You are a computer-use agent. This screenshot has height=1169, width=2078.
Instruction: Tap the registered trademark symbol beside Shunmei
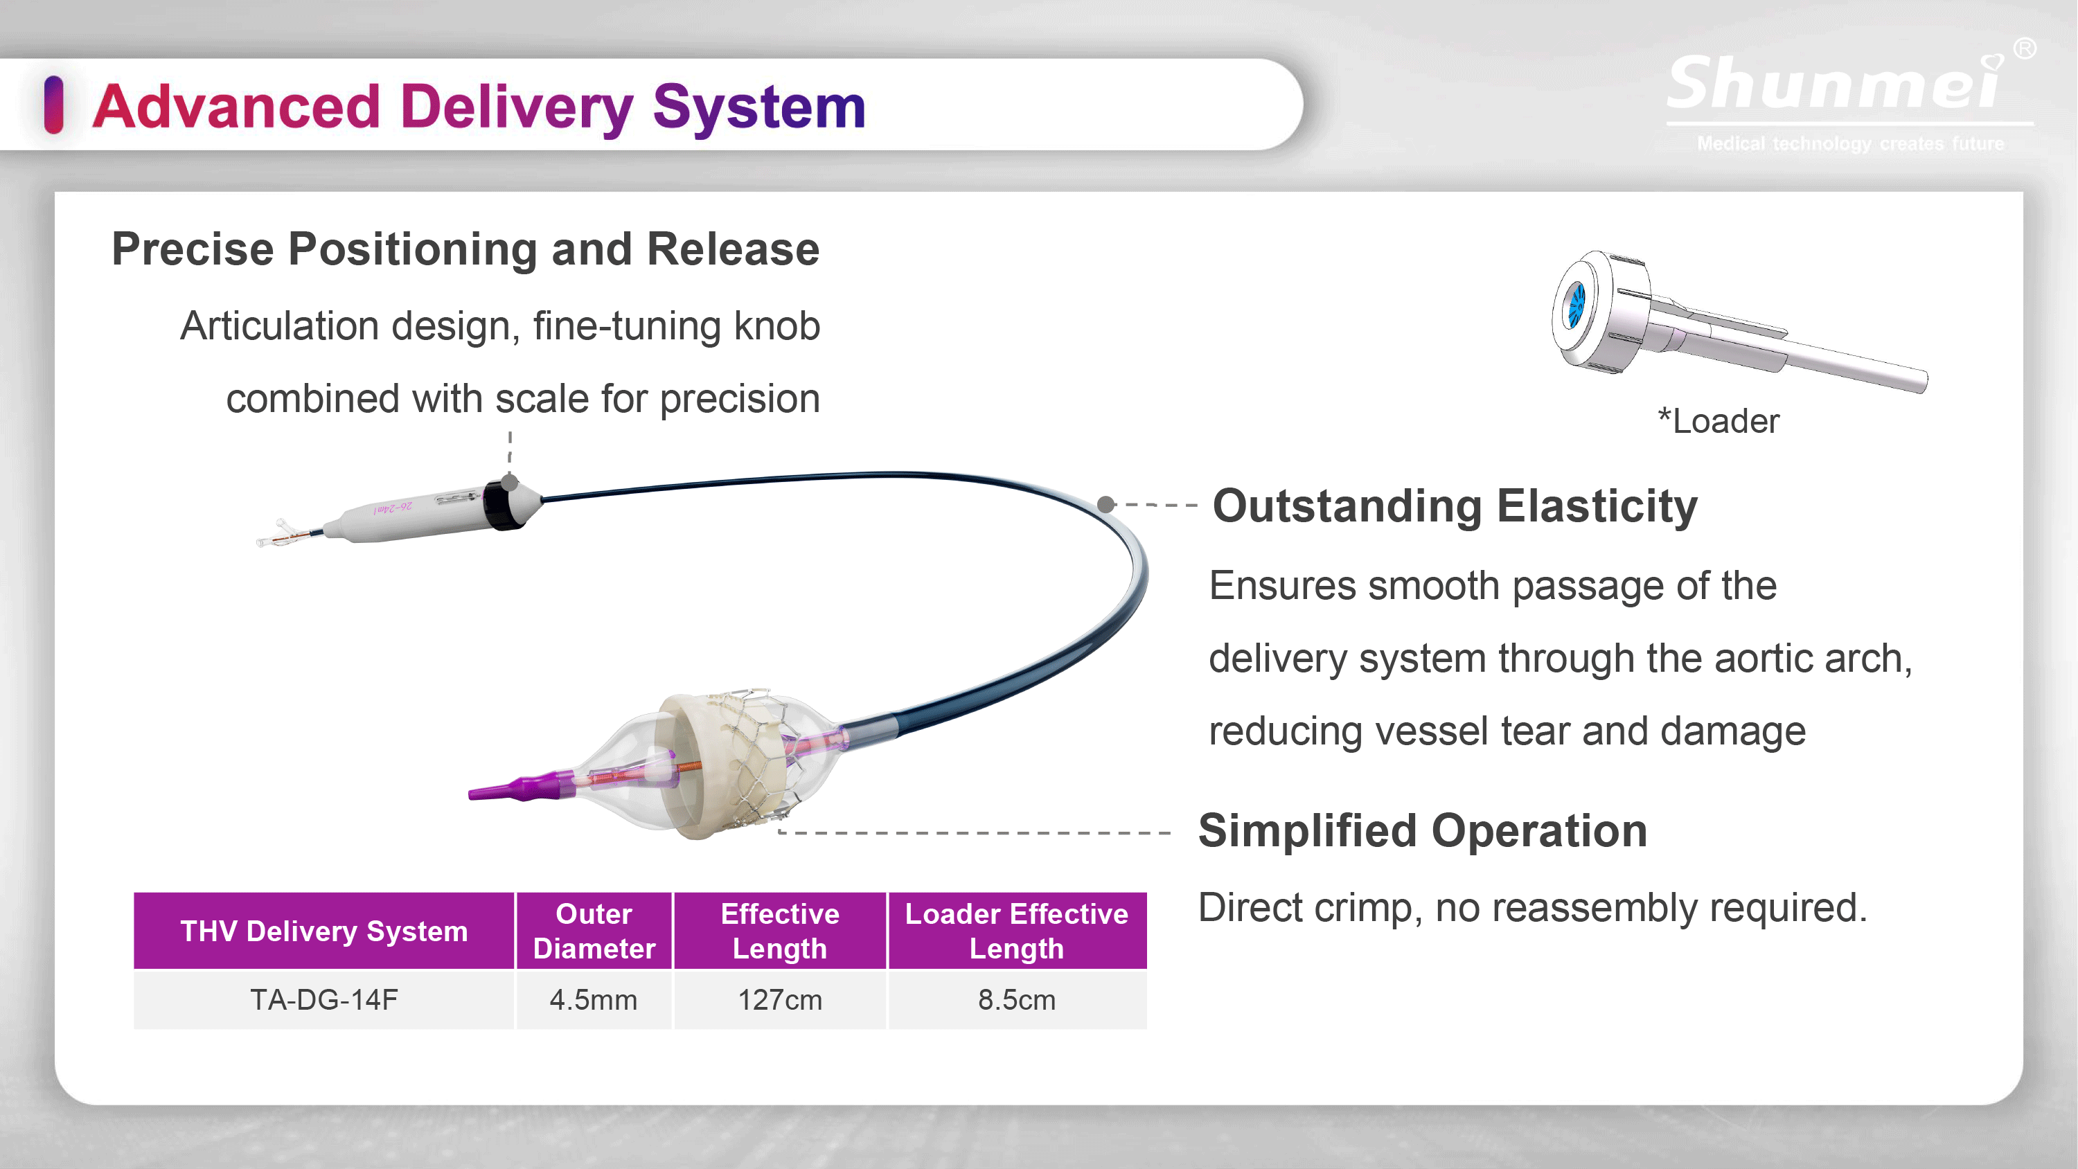[x=2025, y=48]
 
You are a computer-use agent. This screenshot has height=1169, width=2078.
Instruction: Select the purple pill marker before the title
[x=54, y=105]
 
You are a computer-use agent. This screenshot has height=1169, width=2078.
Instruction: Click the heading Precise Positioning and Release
[x=465, y=249]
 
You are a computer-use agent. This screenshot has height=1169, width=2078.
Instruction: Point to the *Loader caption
[x=1719, y=421]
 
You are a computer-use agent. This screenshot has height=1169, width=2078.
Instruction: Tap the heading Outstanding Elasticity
[x=1455, y=507]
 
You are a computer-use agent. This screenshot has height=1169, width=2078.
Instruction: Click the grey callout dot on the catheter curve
[x=1107, y=504]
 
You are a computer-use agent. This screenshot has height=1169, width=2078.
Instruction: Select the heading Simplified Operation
[x=1423, y=831]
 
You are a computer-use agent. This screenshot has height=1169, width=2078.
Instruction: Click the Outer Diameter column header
[x=594, y=931]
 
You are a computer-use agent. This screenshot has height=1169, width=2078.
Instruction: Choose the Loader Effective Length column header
[x=1018, y=931]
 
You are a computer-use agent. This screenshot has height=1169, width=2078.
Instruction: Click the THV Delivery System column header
[x=324, y=931]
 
